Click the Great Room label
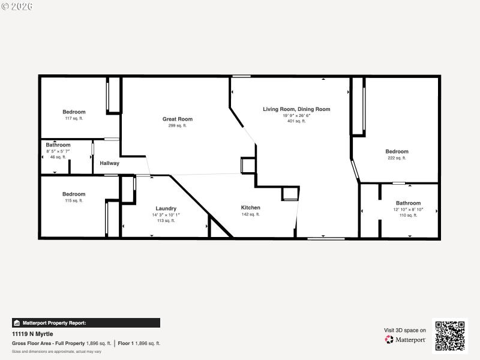178,119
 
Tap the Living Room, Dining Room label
296,109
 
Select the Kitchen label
251,208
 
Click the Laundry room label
166,208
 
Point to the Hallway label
109,163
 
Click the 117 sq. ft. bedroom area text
74,119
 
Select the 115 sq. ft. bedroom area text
74,201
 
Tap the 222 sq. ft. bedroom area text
397,158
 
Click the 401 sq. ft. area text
296,121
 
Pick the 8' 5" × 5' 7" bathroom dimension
58,151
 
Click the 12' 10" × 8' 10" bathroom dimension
408,209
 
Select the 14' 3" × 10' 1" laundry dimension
166,215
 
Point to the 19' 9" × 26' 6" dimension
296,115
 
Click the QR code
450,336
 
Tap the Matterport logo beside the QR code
406,340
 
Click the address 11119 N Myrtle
32,334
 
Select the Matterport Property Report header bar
86,323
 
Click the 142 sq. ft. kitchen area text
251,214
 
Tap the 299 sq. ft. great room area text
178,125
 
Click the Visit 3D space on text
405,330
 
